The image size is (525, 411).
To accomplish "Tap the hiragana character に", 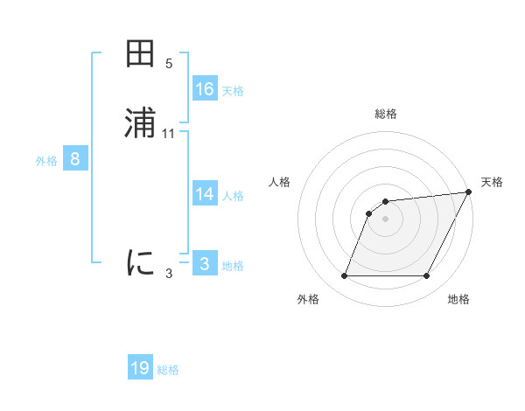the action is (x=141, y=262).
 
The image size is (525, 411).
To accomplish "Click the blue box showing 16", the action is (x=205, y=88).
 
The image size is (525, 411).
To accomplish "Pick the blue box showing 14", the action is (x=205, y=194).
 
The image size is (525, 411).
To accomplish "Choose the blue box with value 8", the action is (x=75, y=159).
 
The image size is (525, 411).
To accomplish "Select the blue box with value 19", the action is (x=140, y=368).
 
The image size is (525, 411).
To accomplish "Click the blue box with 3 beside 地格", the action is (x=205, y=264).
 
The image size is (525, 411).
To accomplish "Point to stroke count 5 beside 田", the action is (x=169, y=64).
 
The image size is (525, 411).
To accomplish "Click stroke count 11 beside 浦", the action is (x=169, y=134).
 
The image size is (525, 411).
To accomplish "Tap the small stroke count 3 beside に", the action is (x=169, y=274).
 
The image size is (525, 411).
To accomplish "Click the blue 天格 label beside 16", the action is (x=233, y=90).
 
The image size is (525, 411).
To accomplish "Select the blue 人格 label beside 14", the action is (x=233, y=196).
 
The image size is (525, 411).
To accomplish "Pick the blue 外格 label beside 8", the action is (x=46, y=161).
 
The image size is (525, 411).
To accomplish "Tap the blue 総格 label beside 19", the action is (x=168, y=370).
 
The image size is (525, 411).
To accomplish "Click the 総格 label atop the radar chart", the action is (x=385, y=114).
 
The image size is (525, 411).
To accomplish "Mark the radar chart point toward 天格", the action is (x=468, y=192).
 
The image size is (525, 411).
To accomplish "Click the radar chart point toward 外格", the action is (x=344, y=276).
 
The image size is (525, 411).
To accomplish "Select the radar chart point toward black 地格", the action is (x=426, y=276).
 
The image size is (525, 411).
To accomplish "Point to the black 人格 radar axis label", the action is (x=280, y=182).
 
